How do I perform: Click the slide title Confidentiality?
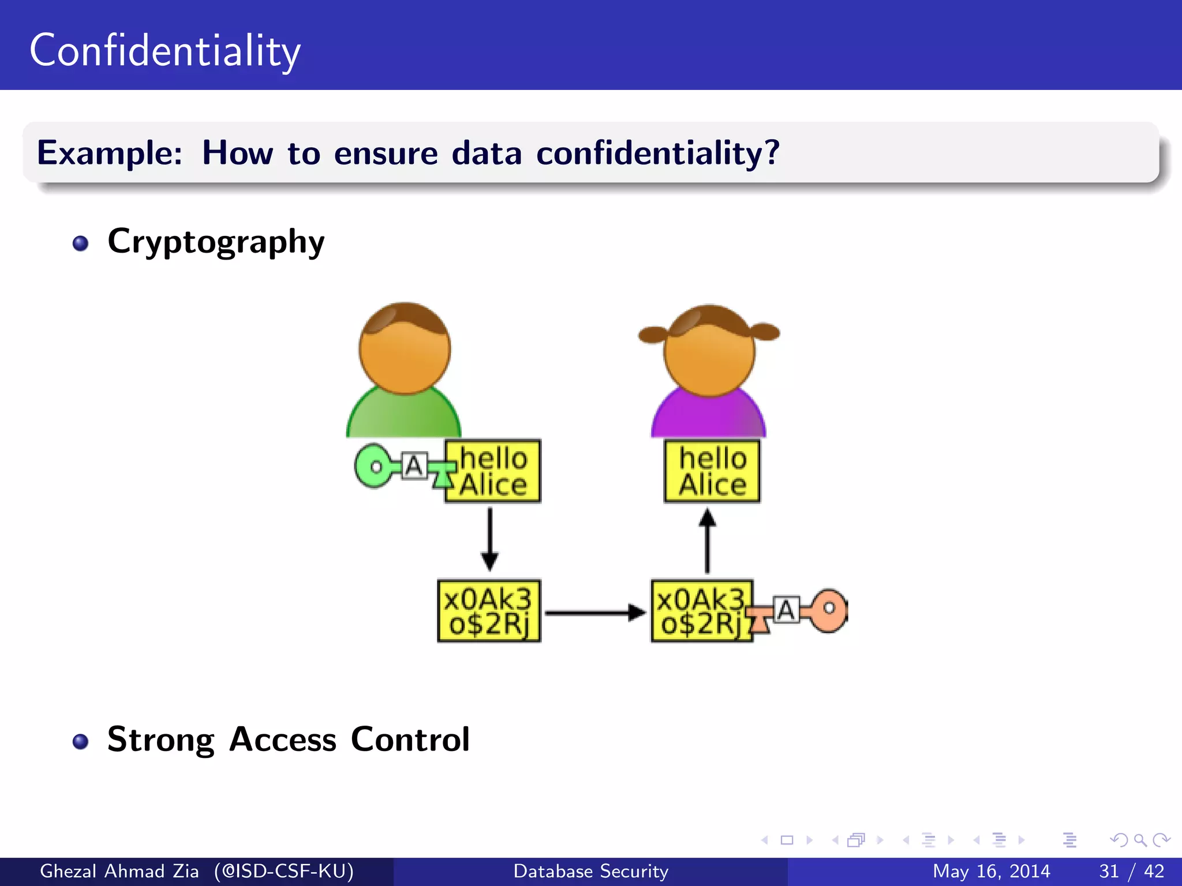[x=165, y=51]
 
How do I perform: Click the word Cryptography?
[x=216, y=242]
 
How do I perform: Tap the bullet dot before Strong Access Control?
[x=81, y=741]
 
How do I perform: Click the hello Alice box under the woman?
[x=712, y=471]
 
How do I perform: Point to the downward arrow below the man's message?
[x=489, y=539]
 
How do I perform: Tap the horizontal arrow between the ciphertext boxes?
[x=594, y=613]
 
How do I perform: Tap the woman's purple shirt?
[x=708, y=416]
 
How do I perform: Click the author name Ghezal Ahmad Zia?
[x=119, y=871]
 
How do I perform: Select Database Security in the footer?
[x=590, y=871]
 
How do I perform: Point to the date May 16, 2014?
[x=991, y=871]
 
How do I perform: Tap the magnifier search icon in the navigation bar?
[x=1139, y=840]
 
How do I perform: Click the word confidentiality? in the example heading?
[x=657, y=153]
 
